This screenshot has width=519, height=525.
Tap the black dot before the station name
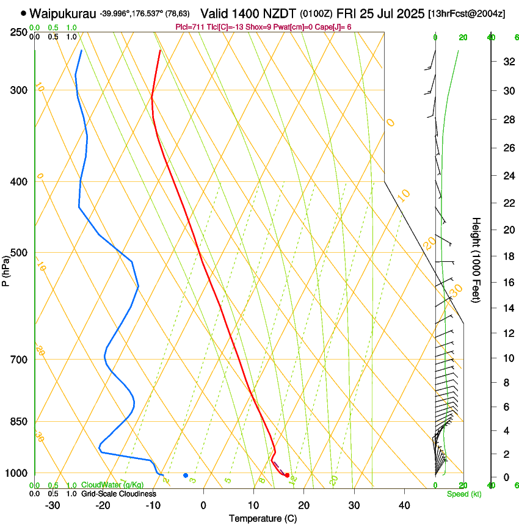23,13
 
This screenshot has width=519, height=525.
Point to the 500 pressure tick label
18,253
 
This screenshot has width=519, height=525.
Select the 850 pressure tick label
18,422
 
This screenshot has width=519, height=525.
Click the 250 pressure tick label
18,32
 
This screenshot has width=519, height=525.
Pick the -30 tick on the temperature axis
52,505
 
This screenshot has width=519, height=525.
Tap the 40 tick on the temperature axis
404,505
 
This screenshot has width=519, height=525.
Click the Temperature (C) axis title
263,518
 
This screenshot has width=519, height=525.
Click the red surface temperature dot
287,475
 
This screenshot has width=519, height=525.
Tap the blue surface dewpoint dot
186,475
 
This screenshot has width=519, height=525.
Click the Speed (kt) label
463,494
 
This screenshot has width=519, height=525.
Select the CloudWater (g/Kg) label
112,485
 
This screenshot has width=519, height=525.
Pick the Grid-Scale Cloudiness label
118,494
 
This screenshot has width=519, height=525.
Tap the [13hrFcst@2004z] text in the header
466,13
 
